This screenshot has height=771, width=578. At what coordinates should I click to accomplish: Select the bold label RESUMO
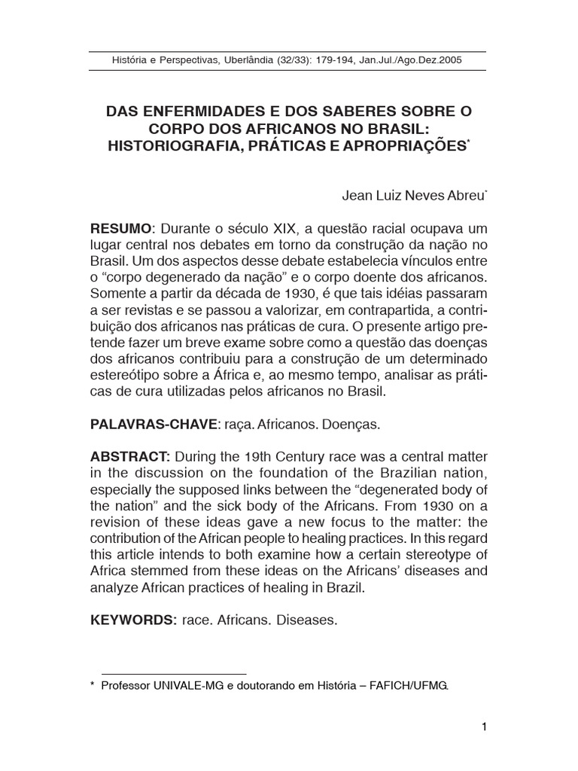click(121, 229)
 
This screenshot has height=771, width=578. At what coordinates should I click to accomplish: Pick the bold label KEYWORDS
click(133, 622)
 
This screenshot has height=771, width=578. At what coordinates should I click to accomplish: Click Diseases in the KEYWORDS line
click(308, 622)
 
